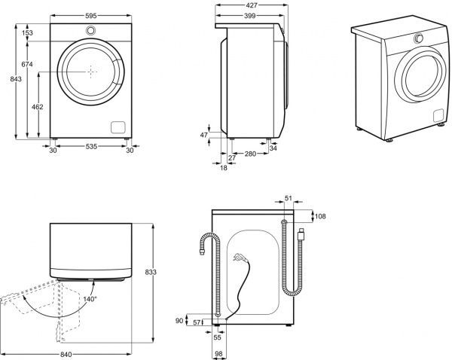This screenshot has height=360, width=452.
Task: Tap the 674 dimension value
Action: click(x=26, y=65)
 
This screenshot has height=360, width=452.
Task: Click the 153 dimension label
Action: click(x=26, y=32)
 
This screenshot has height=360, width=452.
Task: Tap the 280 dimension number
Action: click(x=251, y=154)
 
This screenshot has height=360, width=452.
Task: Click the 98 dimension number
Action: click(x=217, y=353)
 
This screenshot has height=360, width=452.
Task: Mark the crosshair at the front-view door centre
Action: click(x=90, y=71)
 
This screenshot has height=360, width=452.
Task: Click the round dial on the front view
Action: click(x=90, y=30)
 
